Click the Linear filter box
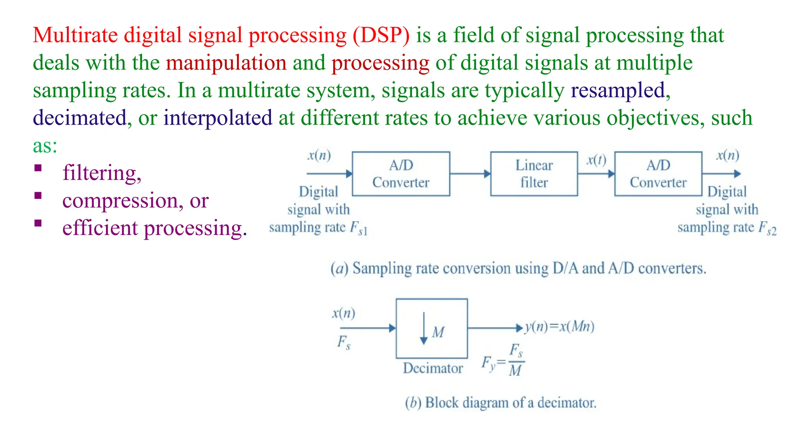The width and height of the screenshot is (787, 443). [534, 174]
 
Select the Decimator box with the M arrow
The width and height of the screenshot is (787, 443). [432, 328]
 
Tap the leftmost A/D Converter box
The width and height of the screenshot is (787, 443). [401, 174]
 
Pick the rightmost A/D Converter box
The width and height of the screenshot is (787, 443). [658, 174]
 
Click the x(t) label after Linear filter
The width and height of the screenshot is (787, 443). [596, 159]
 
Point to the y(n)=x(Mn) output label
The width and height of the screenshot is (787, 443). [560, 326]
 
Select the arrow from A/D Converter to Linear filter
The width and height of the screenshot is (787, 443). [470, 174]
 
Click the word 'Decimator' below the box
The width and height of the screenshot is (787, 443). [433, 368]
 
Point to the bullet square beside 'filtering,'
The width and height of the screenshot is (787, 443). [38, 168]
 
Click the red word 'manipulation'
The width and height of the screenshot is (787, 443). [226, 63]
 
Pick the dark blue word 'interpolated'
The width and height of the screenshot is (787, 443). [218, 118]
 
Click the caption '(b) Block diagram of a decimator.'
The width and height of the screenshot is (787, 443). [501, 403]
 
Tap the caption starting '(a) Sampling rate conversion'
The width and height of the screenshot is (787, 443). [518, 268]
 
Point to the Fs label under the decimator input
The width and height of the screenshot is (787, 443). [344, 342]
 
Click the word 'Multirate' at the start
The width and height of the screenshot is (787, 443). [75, 35]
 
